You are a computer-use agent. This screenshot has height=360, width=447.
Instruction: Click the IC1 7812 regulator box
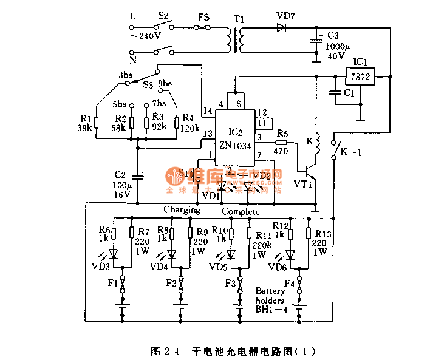pos(360,76)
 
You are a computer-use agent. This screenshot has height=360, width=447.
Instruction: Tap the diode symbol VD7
pos(281,27)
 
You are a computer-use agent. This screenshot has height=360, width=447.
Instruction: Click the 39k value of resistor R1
pos(85,128)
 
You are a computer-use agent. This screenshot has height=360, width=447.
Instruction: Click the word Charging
pos(182,210)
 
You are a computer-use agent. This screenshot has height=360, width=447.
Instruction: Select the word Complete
pos(241,211)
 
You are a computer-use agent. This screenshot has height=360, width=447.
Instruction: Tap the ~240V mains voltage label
pos(146,36)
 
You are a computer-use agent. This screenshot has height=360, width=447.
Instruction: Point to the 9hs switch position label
pos(165,84)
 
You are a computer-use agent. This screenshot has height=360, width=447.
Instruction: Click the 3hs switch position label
pos(126,75)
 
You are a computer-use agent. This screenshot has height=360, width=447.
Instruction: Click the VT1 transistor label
pos(303,183)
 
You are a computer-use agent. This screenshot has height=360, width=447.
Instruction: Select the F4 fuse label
pos(288,283)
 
